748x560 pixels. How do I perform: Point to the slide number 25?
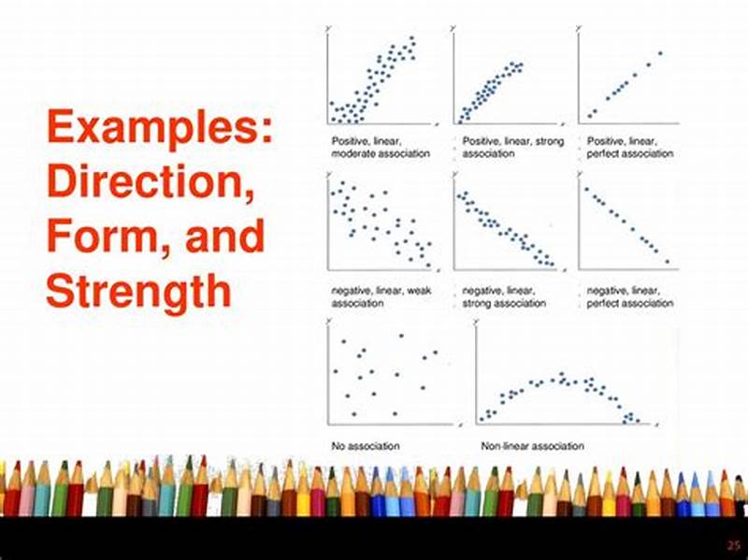731,545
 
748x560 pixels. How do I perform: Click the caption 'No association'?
366,446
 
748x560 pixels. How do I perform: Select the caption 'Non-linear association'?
532,446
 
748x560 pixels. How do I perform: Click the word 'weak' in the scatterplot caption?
417,292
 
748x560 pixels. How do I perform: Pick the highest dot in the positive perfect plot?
659,53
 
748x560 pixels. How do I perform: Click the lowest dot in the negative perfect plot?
668,261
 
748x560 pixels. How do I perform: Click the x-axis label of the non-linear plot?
658,425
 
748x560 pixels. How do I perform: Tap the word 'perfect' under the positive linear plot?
605,153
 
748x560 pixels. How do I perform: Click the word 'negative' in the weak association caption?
352,292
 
